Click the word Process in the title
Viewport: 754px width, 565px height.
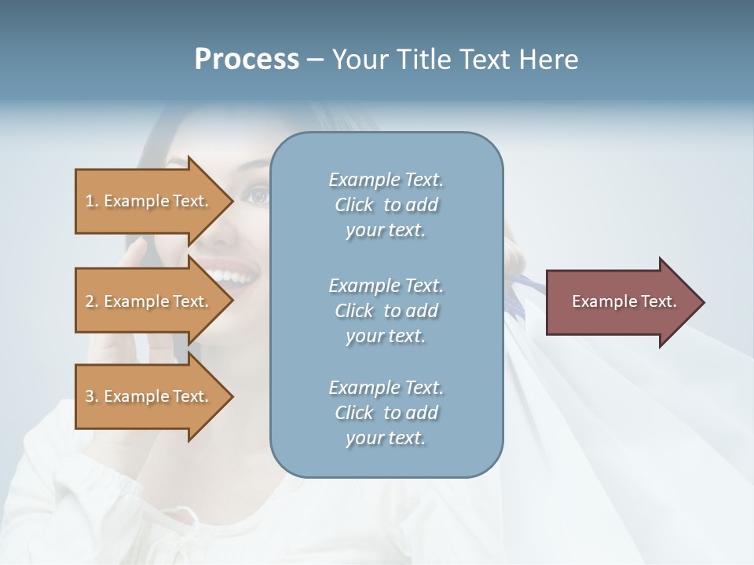click(247, 60)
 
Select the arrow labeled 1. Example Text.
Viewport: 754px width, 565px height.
click(149, 201)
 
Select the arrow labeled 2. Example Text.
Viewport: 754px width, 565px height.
click(149, 301)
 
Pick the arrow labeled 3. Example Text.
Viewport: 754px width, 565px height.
click(149, 396)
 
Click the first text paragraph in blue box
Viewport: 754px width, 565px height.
click(386, 205)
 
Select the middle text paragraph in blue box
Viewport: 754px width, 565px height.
click(386, 311)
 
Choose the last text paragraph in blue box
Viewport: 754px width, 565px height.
click(386, 413)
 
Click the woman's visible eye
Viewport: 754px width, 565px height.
click(258, 195)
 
